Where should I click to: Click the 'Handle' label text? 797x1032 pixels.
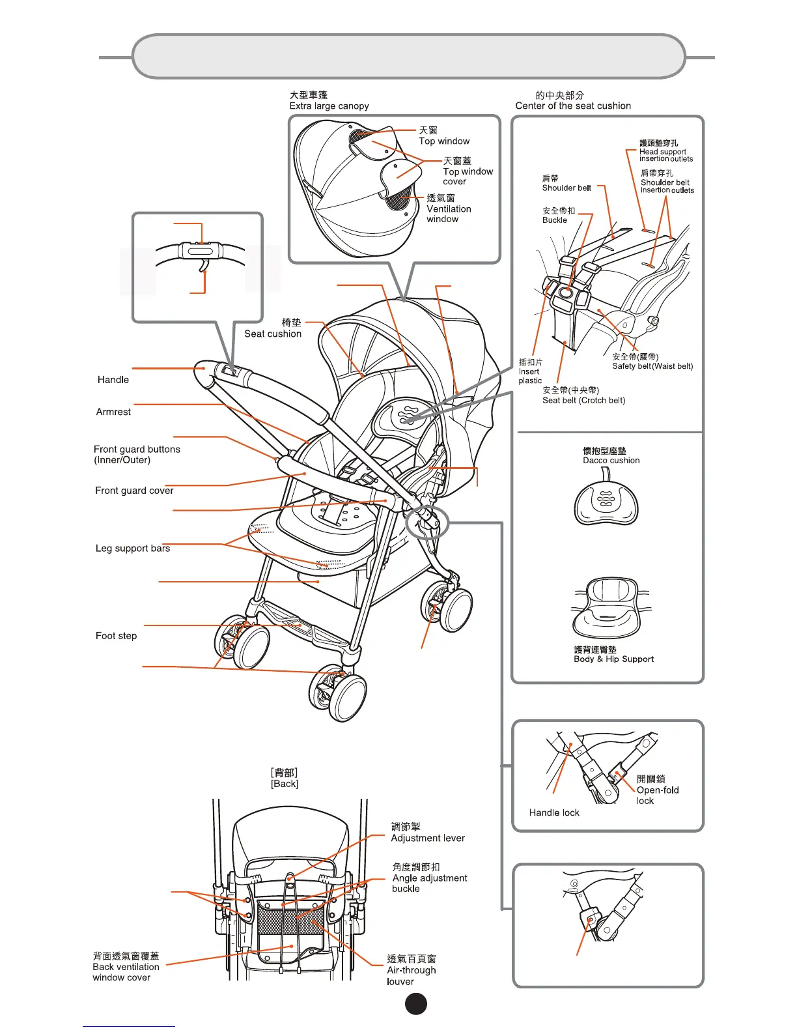coord(113,380)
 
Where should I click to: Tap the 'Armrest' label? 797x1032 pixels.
coord(113,412)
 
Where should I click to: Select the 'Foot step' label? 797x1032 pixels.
coord(116,636)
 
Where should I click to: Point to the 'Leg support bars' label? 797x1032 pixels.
coord(133,549)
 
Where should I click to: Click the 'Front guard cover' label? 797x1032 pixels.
coord(134,491)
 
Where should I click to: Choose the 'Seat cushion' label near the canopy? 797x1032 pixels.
coord(273,334)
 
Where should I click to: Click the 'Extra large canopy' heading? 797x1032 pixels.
coord(329,106)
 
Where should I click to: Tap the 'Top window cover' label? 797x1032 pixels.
coord(468,176)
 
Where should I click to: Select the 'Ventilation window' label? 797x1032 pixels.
coord(449,214)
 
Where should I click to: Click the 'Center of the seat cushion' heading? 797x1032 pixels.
coord(573,106)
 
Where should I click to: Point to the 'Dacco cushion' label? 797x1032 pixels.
coord(611,460)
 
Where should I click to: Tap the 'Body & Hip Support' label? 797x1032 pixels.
coord(613,659)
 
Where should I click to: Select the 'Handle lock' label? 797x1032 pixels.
coord(554,812)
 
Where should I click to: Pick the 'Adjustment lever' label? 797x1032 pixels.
coord(428,838)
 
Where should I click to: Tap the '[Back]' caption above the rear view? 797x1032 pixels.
coord(285,784)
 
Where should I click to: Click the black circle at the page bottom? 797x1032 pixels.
coord(416,1004)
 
